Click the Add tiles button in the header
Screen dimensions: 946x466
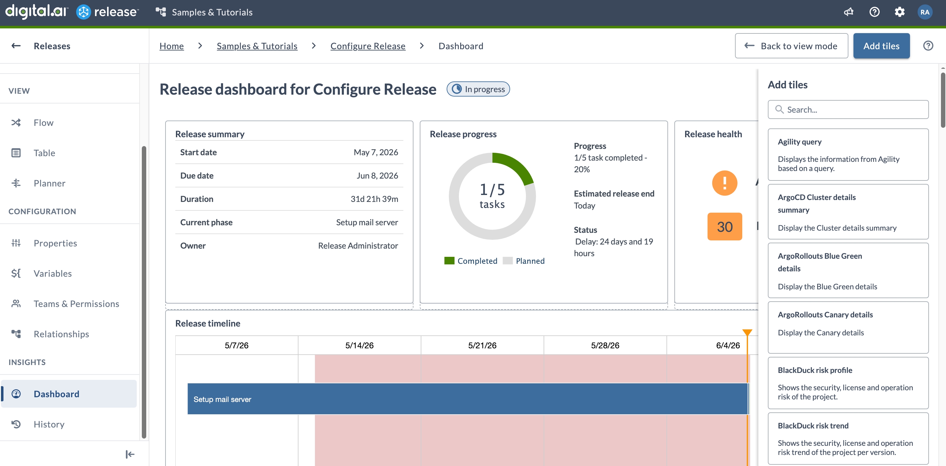click(881, 46)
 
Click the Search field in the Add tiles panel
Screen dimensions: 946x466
click(848, 110)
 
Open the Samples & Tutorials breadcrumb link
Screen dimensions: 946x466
click(257, 46)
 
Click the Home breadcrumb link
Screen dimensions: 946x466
click(172, 46)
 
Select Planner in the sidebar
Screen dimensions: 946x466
click(50, 183)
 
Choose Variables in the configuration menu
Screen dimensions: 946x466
click(52, 273)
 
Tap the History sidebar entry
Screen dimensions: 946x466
click(49, 424)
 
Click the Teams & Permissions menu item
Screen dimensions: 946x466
click(76, 304)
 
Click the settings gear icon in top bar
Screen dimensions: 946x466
click(899, 12)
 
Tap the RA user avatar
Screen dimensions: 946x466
click(925, 12)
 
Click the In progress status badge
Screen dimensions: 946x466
click(478, 89)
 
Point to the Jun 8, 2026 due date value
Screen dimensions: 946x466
click(377, 175)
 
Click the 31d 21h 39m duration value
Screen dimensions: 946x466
click(374, 199)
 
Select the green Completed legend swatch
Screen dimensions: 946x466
click(449, 261)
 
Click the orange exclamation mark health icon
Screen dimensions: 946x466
click(724, 183)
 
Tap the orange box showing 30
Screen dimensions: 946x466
click(725, 227)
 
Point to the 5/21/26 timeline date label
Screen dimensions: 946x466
click(482, 345)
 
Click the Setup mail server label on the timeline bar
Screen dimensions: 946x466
click(222, 399)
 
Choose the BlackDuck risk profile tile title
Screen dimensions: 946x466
click(815, 370)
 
